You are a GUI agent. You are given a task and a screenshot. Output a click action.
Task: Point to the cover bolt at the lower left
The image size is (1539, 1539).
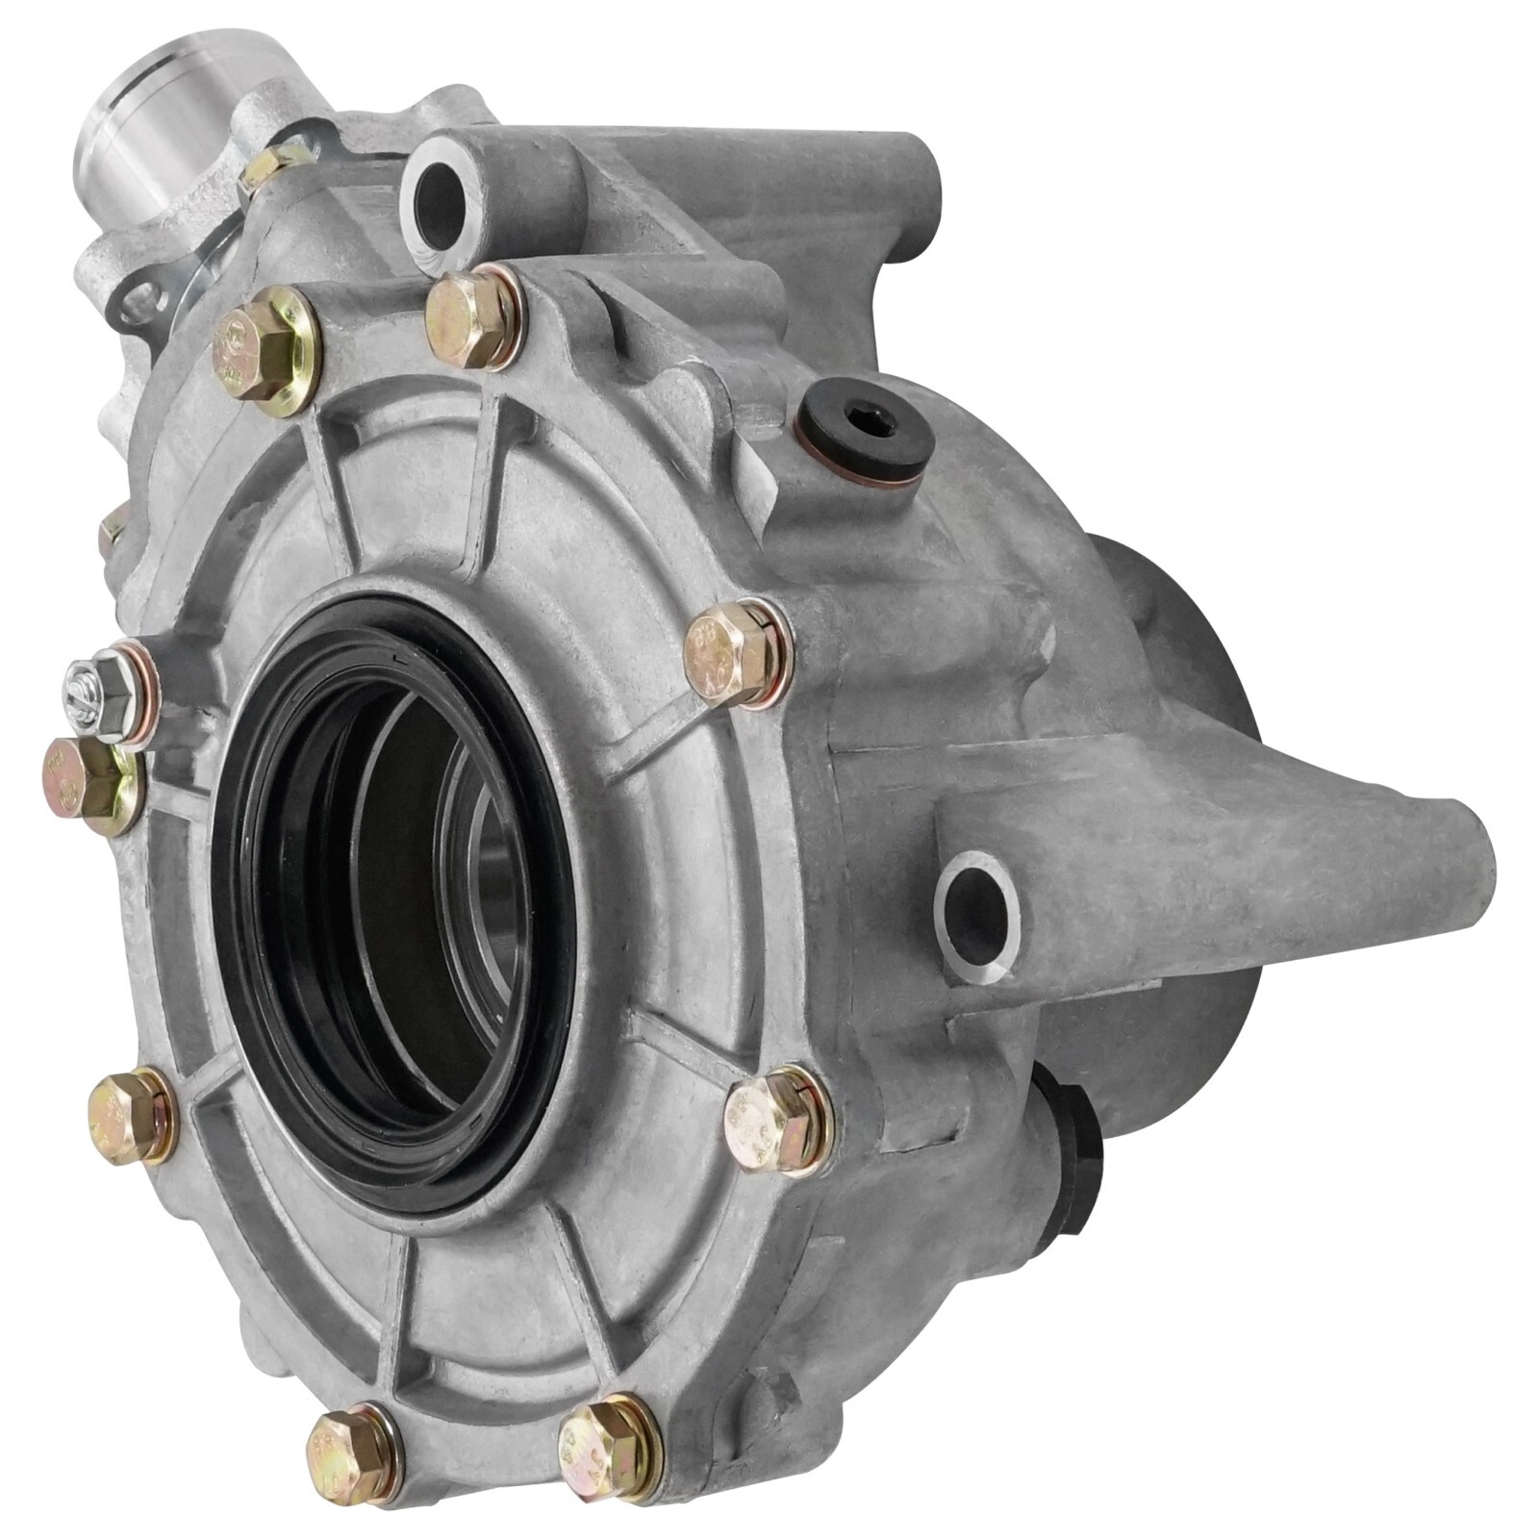(130, 1115)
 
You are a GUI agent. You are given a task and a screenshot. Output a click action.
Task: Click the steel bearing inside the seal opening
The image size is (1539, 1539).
(500, 895)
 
